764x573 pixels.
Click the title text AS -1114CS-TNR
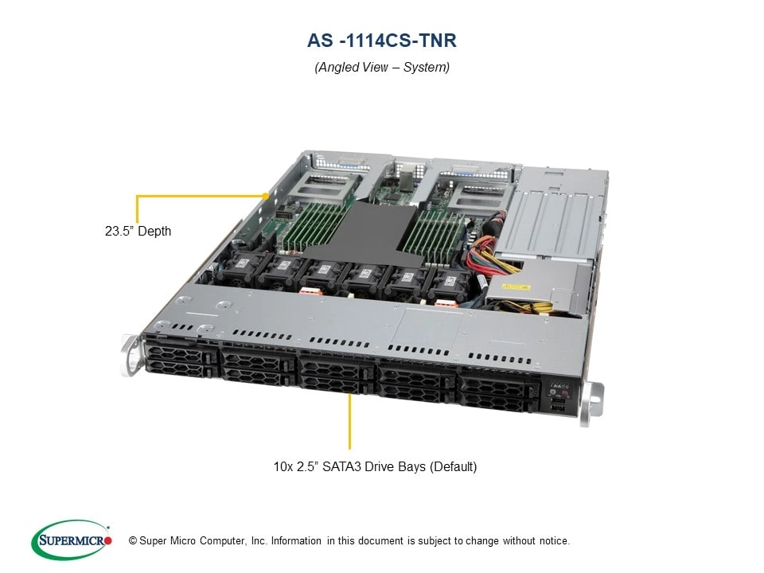pyautogui.click(x=381, y=40)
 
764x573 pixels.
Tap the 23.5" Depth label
pyautogui.click(x=137, y=232)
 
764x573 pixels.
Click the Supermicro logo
pyautogui.click(x=71, y=540)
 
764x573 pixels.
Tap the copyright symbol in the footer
pyautogui.click(x=122, y=541)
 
